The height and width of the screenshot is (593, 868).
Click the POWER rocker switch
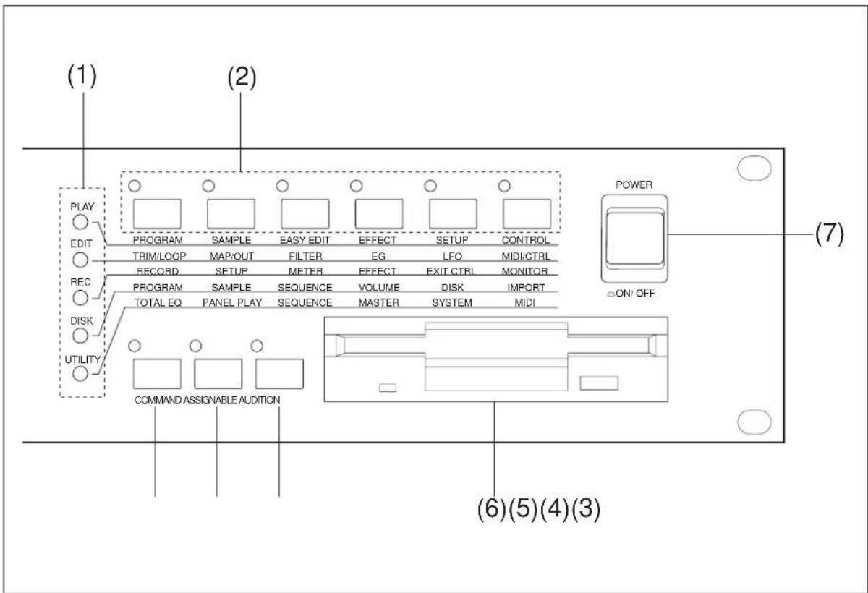634,239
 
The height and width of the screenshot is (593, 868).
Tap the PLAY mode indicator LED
80,222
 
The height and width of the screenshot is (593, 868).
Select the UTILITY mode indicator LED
80,374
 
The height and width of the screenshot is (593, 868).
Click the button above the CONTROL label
527,214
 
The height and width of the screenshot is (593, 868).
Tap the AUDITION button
279,374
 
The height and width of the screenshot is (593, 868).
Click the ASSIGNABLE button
218,374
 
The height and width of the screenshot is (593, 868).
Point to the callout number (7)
830,234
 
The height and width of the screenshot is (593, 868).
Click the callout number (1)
82,76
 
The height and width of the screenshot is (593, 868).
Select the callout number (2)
242,77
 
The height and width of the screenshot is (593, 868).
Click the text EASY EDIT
305,240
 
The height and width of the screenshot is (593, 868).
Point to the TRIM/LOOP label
159,256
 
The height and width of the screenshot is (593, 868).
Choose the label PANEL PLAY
232,302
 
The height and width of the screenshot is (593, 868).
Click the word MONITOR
524,271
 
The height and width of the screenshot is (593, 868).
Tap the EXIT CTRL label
450,271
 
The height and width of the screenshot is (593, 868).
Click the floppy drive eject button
599,383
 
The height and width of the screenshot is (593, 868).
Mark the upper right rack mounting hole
754,168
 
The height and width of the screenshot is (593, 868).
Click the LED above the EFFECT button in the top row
356,186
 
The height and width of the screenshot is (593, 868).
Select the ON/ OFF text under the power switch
635,293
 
